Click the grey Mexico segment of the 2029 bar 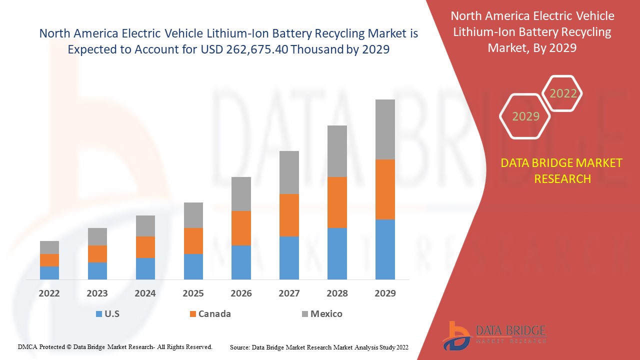385,129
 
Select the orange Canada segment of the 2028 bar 337,202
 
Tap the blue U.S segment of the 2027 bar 289,257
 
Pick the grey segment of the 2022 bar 49,247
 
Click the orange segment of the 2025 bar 193,240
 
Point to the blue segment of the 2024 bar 145,268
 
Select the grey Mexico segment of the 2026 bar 241,193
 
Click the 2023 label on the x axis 97,293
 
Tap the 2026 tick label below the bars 241,293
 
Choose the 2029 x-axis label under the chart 385,293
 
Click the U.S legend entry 107,314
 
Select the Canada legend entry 210,314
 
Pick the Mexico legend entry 322,314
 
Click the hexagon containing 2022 563,93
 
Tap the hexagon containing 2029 525,116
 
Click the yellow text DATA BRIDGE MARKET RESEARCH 562,171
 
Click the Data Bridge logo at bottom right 494,334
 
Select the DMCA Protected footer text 115,346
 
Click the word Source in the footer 239,347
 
